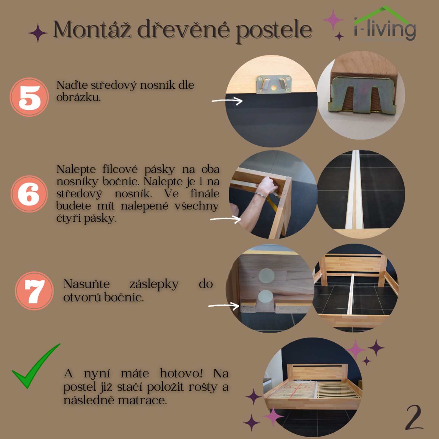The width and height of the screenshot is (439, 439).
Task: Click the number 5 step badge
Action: [x=29, y=97]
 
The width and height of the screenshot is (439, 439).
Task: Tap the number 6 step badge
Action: [x=29, y=194]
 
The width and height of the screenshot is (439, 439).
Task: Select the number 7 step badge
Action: [x=34, y=291]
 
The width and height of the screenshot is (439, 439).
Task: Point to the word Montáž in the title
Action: [x=92, y=30]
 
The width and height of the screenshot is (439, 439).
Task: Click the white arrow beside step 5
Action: [x=227, y=101]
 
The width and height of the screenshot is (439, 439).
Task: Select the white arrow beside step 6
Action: [x=226, y=219]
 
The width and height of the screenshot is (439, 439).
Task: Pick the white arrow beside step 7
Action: [x=224, y=305]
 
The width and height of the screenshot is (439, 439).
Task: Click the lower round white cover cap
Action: [x=265, y=297]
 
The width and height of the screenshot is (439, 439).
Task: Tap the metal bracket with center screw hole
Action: [x=273, y=85]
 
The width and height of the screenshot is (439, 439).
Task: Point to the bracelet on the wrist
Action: [x=261, y=195]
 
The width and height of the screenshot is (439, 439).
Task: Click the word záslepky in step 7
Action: [x=154, y=284]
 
